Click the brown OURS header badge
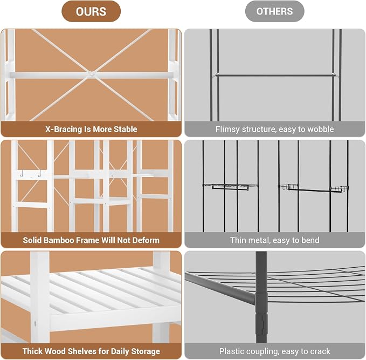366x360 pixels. click(91, 11)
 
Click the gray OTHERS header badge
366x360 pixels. click(274, 11)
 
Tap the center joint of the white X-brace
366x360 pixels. click(91, 74)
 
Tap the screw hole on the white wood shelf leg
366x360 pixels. click(35, 324)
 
